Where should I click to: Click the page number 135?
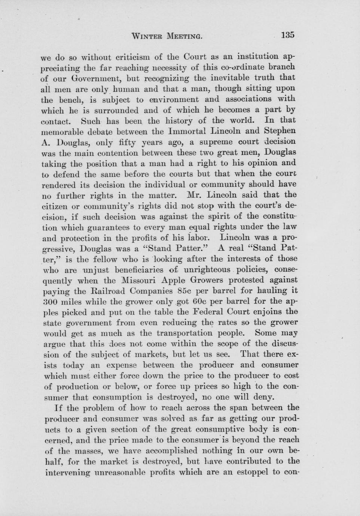tap(288, 35)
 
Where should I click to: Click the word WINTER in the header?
tap(147, 36)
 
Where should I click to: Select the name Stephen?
tap(280, 131)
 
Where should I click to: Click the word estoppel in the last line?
tap(251, 472)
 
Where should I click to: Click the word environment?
tap(173, 99)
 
